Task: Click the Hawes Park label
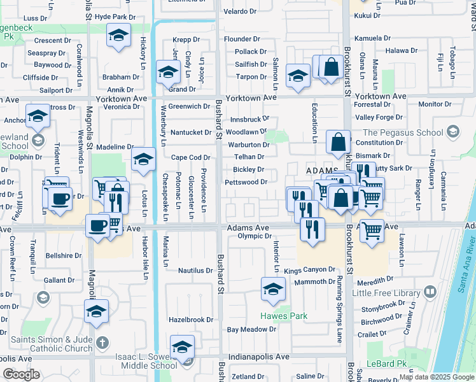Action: [x=283, y=316]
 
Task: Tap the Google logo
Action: [x=21, y=374]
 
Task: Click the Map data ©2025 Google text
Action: [x=436, y=377]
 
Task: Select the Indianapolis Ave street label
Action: [x=259, y=357]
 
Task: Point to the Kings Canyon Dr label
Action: [x=309, y=270]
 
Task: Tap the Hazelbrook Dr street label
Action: [x=190, y=319]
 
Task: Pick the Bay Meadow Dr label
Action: [x=251, y=329]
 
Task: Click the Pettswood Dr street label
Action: [x=246, y=182]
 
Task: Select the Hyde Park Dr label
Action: [x=115, y=17]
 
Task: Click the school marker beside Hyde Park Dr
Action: [x=118, y=37]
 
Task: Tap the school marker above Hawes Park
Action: [x=273, y=290]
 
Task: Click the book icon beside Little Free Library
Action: [x=430, y=292]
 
